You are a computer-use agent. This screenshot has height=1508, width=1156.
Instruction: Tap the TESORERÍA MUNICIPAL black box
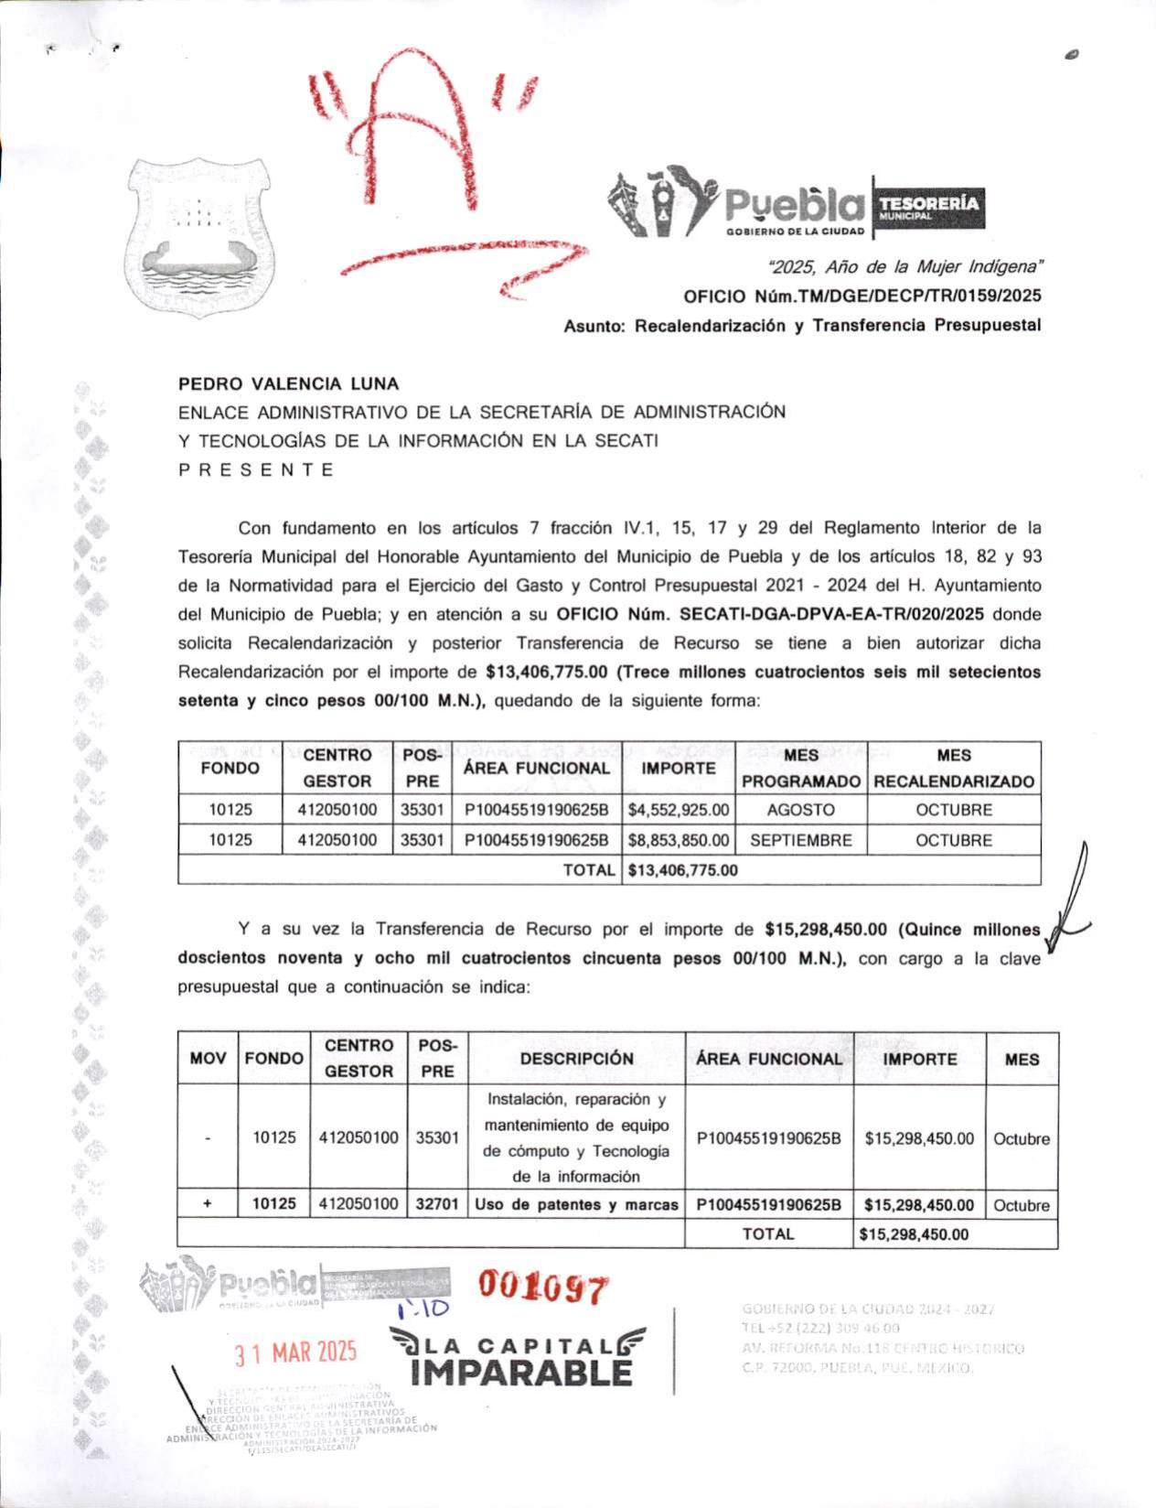click(929, 207)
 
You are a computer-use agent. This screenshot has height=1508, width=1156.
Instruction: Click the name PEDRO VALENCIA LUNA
click(288, 384)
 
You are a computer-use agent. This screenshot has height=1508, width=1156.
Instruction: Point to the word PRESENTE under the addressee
click(256, 470)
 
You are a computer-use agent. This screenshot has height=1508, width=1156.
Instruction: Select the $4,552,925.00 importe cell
click(679, 810)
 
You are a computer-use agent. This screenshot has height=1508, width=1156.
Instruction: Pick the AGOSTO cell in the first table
click(800, 810)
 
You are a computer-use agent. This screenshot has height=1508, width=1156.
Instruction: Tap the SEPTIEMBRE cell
click(800, 840)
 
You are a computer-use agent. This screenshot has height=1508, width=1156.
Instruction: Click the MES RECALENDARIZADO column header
click(953, 768)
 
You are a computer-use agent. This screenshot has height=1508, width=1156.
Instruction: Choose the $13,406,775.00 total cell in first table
click(682, 870)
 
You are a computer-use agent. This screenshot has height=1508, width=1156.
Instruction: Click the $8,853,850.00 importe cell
click(679, 840)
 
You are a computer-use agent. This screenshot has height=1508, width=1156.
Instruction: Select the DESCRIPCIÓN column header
click(576, 1059)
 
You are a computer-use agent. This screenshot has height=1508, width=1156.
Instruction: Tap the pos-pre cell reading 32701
click(437, 1204)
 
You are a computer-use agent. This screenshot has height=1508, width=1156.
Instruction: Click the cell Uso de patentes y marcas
click(576, 1204)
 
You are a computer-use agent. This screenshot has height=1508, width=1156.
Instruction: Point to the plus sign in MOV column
click(208, 1204)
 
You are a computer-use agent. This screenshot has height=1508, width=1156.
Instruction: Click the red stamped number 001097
click(543, 1288)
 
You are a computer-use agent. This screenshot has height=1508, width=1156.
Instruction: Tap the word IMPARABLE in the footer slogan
click(521, 1373)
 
